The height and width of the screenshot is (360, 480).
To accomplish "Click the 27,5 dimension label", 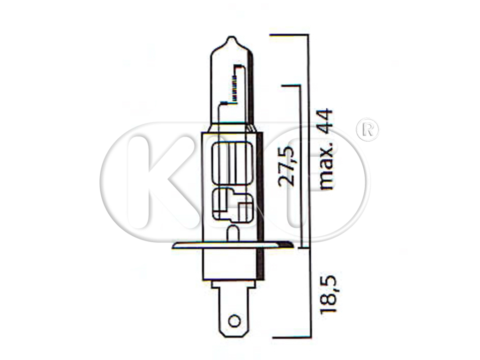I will tap(286, 166).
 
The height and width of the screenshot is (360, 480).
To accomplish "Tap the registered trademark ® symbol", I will tap(367, 130).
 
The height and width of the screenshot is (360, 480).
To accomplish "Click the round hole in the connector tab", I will tap(233, 322).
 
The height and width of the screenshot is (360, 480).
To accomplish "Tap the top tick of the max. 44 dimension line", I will tap(289, 35).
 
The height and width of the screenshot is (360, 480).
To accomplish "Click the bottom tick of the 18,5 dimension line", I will tap(291, 337).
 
